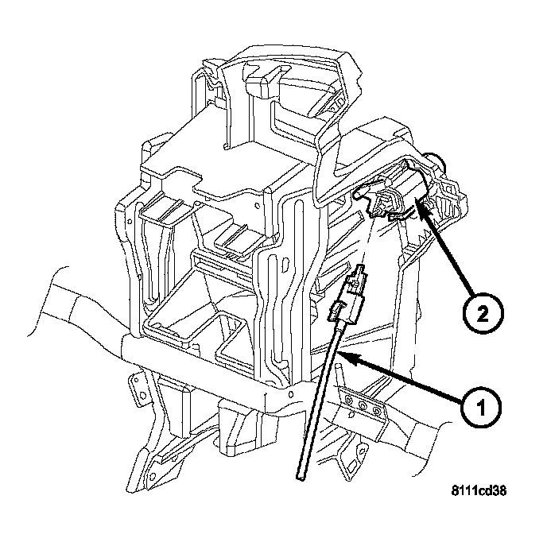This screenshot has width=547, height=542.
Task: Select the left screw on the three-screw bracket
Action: coord(350,402)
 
